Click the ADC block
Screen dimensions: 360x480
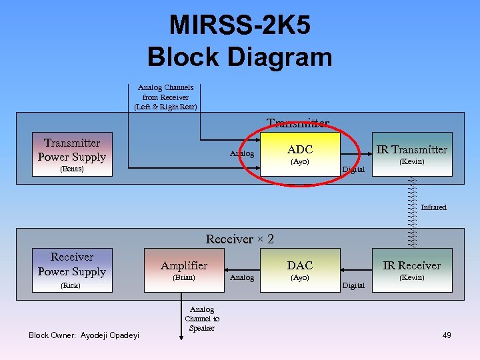299,155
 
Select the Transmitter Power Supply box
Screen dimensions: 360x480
71,154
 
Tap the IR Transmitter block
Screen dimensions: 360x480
411,154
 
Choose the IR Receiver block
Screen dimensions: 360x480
411,270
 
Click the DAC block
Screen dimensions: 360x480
299,270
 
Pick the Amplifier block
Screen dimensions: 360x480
184,270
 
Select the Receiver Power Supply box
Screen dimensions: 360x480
71,270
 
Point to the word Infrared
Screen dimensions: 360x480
433,207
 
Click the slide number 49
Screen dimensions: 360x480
446,335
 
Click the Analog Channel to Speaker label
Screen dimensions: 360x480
201,319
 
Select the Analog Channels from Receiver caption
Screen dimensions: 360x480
165,97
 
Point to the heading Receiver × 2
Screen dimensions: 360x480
239,239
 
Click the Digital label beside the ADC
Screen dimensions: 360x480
353,169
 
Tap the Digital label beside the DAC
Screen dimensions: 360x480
353,285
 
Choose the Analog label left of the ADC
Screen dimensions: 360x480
242,153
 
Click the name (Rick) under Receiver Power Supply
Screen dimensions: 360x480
71,285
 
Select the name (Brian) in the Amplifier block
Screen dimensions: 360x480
183,277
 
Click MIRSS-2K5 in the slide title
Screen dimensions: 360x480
239,25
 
